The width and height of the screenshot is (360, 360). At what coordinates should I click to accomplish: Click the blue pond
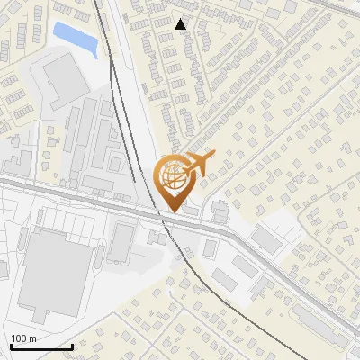point(73,36)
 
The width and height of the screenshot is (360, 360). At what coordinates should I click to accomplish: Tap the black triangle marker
point(181,24)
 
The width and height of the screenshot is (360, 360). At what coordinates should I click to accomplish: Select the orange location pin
point(175,181)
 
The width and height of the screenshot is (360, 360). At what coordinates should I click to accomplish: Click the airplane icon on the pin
point(199,164)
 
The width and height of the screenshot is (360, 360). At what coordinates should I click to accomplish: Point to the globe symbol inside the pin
point(173,177)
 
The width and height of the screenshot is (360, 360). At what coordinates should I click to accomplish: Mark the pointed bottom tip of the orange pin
point(175,211)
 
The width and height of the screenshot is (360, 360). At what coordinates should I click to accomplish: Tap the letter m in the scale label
point(31,338)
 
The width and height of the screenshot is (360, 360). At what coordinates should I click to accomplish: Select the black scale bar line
point(41,346)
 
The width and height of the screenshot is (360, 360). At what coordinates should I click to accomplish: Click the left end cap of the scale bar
point(11,345)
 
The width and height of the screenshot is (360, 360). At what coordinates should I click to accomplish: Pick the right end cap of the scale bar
point(72,345)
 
